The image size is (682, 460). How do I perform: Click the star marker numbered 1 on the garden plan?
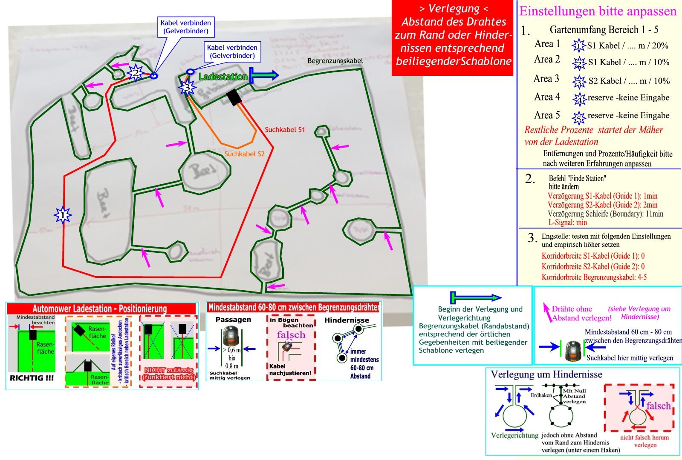pos(63,215)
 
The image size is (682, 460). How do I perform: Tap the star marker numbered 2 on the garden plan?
pos(136,73)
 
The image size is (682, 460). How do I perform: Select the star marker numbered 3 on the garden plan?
pos(187,88)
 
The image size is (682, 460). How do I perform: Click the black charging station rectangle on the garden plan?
pos(234,97)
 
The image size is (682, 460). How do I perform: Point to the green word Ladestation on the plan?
pos(223,77)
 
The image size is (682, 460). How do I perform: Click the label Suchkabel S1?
pos(285,129)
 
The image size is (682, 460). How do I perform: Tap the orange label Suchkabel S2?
pos(244,154)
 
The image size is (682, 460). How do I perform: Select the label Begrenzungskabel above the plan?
pos(335,61)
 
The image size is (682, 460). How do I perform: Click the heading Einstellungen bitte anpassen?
pos(598,11)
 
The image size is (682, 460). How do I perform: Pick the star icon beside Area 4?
pos(579,99)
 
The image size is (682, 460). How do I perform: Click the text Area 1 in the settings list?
pos(547,44)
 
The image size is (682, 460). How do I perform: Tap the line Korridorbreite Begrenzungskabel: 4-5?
pos(594,277)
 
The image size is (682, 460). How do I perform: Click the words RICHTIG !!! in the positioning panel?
pos(32,378)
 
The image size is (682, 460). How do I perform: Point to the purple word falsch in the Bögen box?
pos(291,334)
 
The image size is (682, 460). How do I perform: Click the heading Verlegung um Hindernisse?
pos(546,374)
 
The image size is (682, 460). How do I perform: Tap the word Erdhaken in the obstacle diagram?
pos(541,395)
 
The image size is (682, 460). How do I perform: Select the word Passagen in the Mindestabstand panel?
pos(233,320)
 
